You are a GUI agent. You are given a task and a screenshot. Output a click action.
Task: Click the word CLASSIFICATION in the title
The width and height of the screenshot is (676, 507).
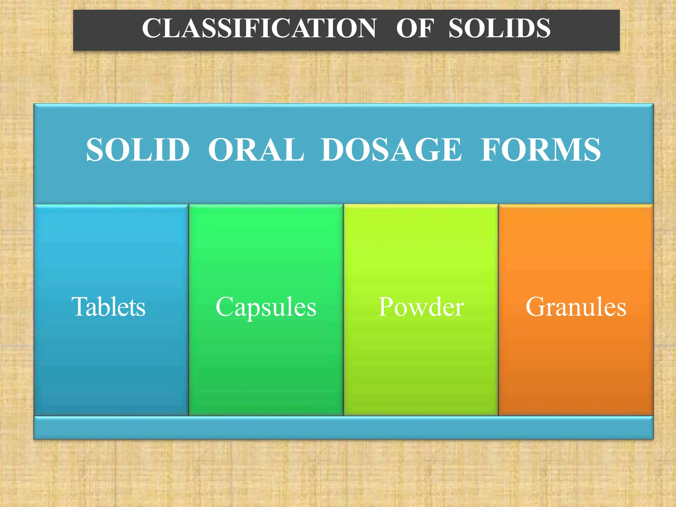pos(259,28)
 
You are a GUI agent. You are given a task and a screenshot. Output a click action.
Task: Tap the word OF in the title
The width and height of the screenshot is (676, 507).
pos(415,28)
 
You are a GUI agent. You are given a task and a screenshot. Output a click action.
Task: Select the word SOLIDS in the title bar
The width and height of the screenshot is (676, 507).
pos(499,28)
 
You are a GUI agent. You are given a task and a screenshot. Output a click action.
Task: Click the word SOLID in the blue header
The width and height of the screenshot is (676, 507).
pos(138,150)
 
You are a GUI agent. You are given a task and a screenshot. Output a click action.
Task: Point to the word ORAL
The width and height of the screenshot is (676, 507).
pos(256,150)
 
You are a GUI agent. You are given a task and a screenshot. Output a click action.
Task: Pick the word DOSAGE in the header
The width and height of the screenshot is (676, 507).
pos(391,150)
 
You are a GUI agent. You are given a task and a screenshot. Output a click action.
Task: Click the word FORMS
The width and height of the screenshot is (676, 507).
pos(540,150)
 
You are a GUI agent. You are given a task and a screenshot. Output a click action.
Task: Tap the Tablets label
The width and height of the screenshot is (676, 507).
pos(108,307)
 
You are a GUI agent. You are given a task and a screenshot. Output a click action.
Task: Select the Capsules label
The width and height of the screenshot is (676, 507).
pos(266,307)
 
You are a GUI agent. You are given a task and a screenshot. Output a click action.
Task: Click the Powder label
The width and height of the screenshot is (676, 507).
pos(421,307)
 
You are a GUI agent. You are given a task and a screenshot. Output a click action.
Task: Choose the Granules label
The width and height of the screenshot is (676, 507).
pos(576,307)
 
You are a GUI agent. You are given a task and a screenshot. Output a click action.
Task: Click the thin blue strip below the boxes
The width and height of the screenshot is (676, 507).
pos(343,428)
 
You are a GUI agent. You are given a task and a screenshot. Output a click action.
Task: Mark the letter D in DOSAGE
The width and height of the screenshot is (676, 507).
pos(334,150)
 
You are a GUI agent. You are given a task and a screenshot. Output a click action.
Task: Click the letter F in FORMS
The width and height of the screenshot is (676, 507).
pos(490,150)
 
